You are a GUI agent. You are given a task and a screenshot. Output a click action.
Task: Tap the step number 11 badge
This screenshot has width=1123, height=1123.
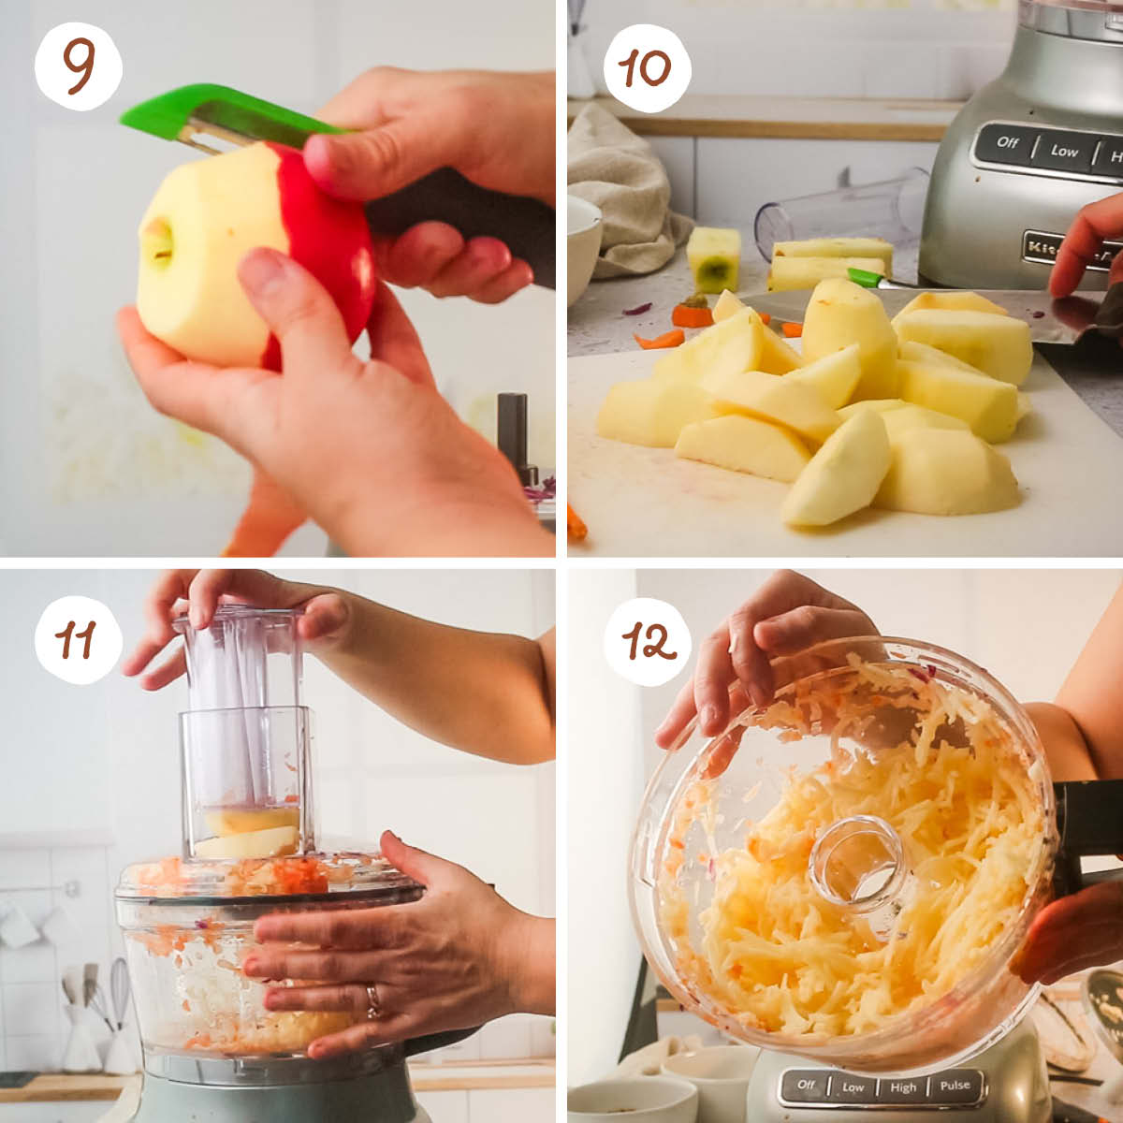click(79, 640)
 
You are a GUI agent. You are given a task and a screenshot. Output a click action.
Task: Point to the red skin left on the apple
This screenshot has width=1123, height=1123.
click(328, 243)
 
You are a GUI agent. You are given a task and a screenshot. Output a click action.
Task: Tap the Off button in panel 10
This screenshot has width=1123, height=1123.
click(1008, 142)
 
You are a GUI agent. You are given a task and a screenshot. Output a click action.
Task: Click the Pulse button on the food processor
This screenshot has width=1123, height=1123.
click(955, 1087)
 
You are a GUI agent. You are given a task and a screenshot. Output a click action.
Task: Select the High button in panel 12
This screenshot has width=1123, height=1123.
click(903, 1087)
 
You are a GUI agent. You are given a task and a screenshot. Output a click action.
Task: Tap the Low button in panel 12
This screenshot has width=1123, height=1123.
click(853, 1087)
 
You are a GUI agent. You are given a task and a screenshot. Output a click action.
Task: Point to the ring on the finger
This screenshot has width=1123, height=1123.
click(373, 1000)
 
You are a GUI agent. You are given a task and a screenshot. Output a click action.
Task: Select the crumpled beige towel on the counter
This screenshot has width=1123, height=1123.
click(622, 187)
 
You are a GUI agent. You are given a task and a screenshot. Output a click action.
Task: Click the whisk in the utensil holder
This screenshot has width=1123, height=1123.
click(120, 992)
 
